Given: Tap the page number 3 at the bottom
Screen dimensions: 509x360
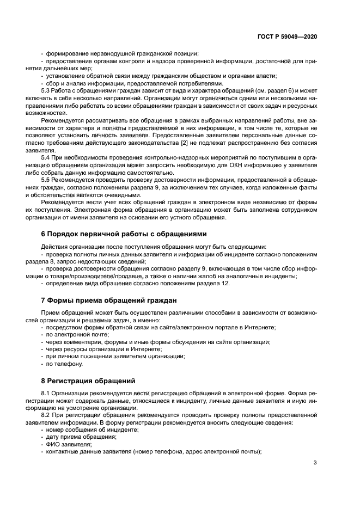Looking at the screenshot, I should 315,463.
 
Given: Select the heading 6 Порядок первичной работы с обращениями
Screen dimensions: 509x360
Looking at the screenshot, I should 124,234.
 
